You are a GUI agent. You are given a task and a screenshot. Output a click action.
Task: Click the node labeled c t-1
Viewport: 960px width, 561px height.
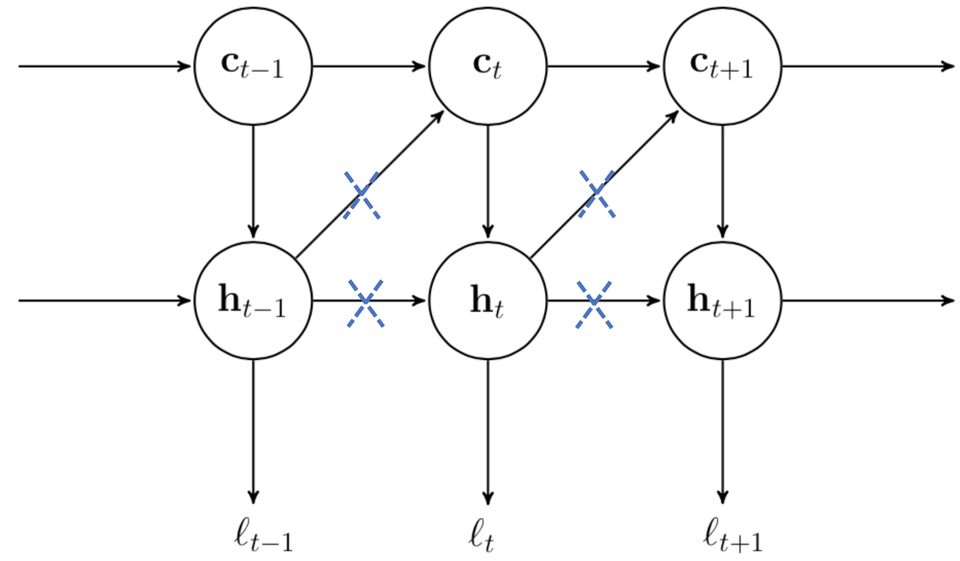pos(254,66)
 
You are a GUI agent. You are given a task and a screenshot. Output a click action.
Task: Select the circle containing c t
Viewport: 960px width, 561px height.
pos(487,66)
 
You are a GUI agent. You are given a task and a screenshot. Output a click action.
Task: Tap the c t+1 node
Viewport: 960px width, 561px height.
pos(722,66)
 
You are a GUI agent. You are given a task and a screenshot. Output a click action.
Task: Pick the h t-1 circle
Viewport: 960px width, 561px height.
pos(254,301)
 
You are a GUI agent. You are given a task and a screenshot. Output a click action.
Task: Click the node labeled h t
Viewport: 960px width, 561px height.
pos(487,301)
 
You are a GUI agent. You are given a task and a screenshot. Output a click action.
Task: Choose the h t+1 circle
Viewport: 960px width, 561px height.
pos(722,301)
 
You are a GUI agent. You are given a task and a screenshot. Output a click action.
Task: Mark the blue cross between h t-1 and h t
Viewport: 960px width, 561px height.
pos(365,303)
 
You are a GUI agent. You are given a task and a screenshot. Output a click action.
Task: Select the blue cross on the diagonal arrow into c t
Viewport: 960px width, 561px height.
pos(362,195)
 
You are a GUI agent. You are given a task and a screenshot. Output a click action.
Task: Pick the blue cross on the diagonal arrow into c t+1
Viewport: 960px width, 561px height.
pos(597,194)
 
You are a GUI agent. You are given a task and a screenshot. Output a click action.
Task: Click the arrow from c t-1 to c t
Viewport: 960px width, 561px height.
pos(370,66)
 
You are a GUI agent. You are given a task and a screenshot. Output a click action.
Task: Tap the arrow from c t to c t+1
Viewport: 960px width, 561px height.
pos(604,66)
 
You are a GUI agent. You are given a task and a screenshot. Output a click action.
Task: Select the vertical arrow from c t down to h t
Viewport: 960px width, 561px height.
pos(487,182)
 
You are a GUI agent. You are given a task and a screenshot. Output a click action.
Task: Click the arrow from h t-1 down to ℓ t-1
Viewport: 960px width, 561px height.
pos(254,433)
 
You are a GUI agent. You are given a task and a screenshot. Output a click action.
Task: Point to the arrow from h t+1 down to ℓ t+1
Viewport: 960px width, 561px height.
pos(722,433)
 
